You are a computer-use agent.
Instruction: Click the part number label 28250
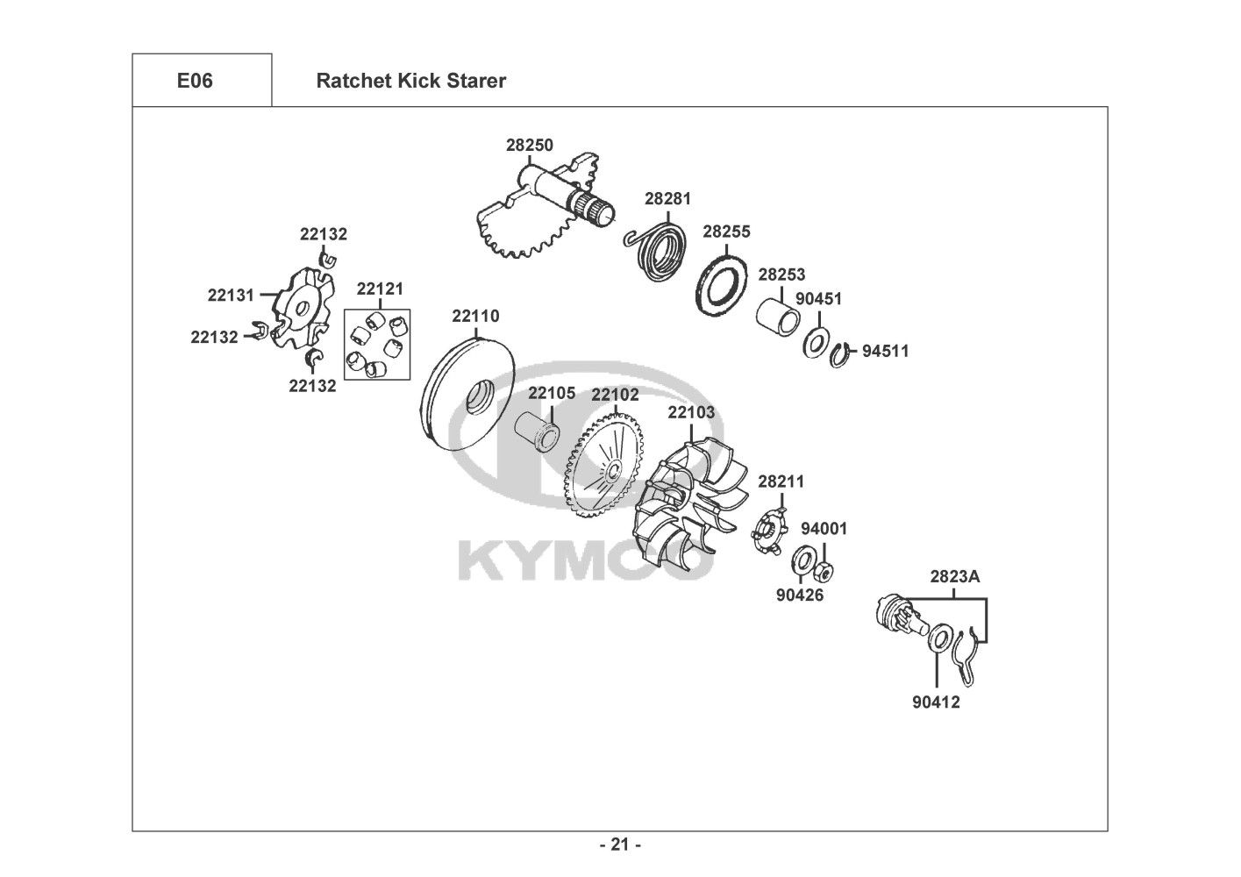pos(529,146)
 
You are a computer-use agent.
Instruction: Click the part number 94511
pos(885,352)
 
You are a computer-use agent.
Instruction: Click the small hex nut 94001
pos(824,573)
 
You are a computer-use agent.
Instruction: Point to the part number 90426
pos(799,595)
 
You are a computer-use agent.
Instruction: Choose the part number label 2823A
pos(954,577)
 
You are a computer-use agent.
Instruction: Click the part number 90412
pos(936,702)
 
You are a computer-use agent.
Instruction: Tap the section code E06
pos(195,81)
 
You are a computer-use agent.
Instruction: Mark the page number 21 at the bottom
pos(619,845)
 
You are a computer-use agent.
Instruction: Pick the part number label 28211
pos(781,481)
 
